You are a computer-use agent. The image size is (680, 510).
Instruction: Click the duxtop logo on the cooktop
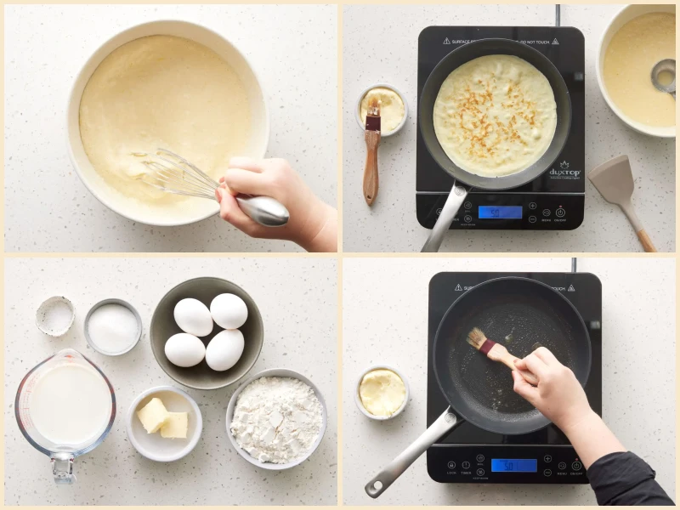(x=564, y=171)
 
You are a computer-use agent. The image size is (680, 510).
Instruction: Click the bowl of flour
(x=276, y=417)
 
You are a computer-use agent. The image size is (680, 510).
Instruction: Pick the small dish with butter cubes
(x=164, y=421)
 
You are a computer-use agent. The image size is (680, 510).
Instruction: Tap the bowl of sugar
(x=113, y=326)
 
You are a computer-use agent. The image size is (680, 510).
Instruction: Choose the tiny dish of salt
(x=55, y=314)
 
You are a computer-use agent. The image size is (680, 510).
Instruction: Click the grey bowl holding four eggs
(x=207, y=331)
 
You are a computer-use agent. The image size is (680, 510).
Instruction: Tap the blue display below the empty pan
(x=513, y=465)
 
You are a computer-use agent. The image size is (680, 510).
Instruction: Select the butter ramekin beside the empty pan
(x=382, y=392)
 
